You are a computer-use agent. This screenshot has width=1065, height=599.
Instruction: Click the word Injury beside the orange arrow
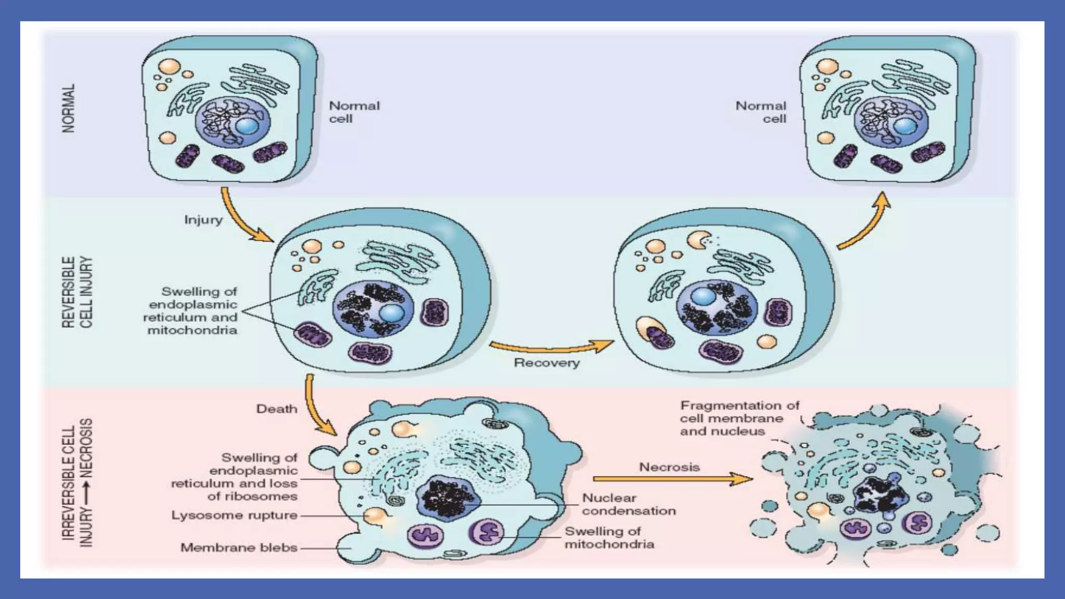[x=203, y=220]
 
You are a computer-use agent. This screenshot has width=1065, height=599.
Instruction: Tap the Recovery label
[x=547, y=363]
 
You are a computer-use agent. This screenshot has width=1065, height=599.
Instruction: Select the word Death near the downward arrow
[x=277, y=409]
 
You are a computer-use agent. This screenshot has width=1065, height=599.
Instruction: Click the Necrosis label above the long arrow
[x=669, y=467]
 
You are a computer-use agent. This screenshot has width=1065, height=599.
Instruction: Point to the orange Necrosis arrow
[x=671, y=479]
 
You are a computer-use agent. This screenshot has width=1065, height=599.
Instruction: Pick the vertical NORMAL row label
[x=69, y=108]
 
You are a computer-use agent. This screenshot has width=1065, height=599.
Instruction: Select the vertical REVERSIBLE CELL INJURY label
[x=77, y=292]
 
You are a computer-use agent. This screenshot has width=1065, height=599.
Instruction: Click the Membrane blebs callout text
[x=239, y=548]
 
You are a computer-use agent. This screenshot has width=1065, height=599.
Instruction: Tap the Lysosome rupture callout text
[x=234, y=515]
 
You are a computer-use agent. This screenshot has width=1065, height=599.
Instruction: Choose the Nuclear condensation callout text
[x=628, y=504]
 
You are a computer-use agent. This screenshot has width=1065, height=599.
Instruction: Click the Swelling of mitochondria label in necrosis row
[x=609, y=538]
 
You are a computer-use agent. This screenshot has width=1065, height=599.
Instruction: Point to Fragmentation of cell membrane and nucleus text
[x=738, y=418]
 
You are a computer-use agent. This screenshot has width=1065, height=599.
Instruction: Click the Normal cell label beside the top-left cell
[x=354, y=112]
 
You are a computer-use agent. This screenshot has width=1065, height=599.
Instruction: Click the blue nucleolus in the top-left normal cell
[x=247, y=126]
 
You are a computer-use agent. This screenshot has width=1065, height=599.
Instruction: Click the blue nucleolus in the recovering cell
[x=704, y=297]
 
